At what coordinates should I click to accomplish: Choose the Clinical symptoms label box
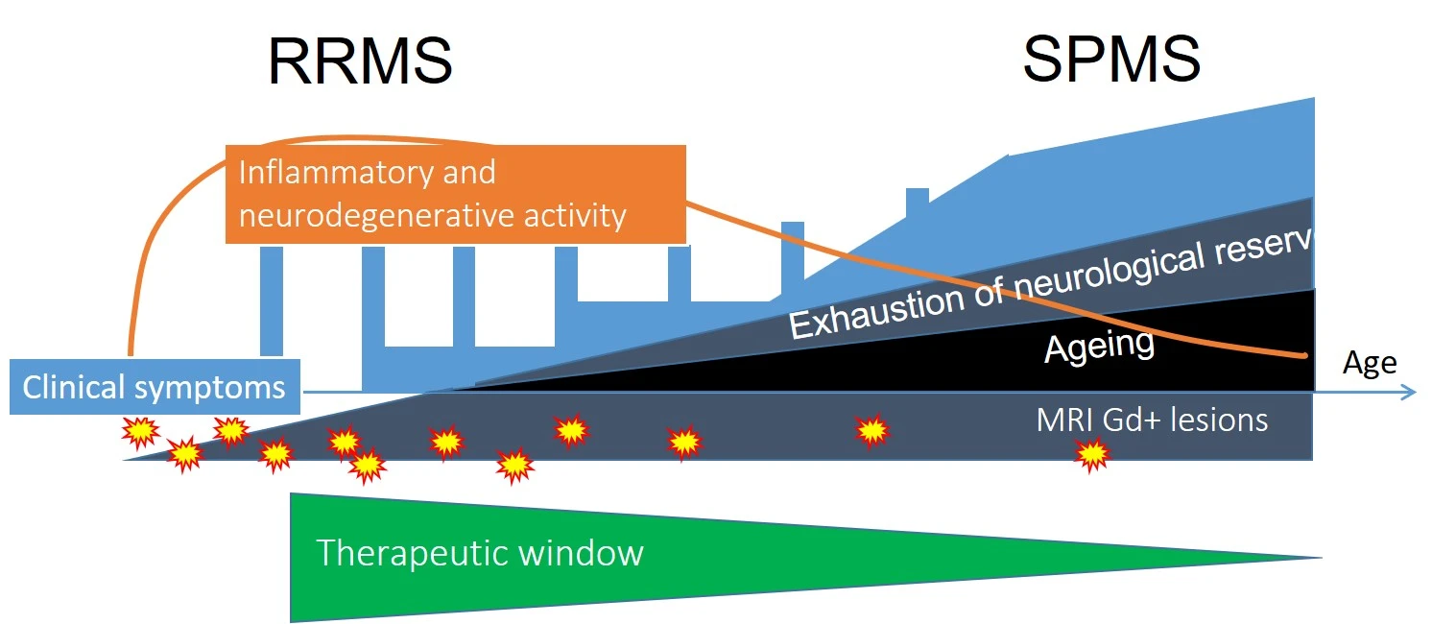pyautogui.click(x=155, y=387)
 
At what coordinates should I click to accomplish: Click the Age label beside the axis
pyautogui.click(x=1369, y=363)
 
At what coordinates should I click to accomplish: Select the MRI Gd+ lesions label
pyautogui.click(x=1152, y=420)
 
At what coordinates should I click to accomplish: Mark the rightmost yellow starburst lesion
pyautogui.click(x=1091, y=454)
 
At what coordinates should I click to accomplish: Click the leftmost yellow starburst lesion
pyautogui.click(x=140, y=433)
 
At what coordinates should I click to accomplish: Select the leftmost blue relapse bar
pyautogui.click(x=272, y=300)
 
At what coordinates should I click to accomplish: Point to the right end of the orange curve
pyautogui.click(x=1305, y=355)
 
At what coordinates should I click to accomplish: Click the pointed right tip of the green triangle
pyautogui.click(x=1319, y=557)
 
